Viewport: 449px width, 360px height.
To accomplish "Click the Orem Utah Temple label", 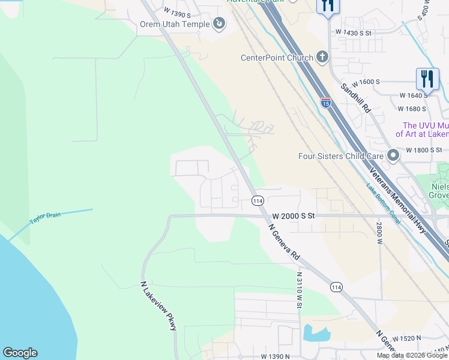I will pyautogui.click(x=175, y=24).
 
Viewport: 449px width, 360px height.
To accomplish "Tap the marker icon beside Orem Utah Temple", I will pyautogui.click(x=219, y=23).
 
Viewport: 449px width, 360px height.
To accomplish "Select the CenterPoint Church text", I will pyautogui.click(x=277, y=58).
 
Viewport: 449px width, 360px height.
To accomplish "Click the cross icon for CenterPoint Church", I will pyautogui.click(x=322, y=58).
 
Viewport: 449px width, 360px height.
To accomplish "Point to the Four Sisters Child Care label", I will pyautogui.click(x=341, y=156).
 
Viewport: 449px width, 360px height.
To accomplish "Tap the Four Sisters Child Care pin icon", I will pyautogui.click(x=393, y=156).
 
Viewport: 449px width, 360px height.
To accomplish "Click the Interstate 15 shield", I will pyautogui.click(x=325, y=103).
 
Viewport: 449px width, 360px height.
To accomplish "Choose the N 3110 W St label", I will pyautogui.click(x=298, y=290).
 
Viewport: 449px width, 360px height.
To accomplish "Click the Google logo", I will pyautogui.click(x=20, y=353).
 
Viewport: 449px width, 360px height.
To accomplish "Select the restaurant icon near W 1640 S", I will pyautogui.click(x=427, y=79).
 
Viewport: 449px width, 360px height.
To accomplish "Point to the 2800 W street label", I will pyautogui.click(x=379, y=232).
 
